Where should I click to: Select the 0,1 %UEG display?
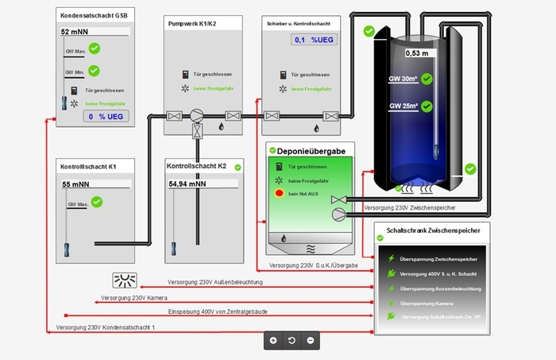coord(312,40)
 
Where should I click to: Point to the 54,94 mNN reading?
coord(187,184)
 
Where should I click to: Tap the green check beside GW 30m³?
coord(427,79)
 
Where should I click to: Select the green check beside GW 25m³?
coord(427,106)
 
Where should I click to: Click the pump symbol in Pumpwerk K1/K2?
coord(195,115)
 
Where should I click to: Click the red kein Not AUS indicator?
coord(280,193)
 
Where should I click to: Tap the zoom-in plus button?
coord(273,340)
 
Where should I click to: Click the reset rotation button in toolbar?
coord(292,340)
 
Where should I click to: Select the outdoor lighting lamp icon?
coord(125,280)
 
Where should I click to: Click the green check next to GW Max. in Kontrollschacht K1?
coord(97,203)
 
